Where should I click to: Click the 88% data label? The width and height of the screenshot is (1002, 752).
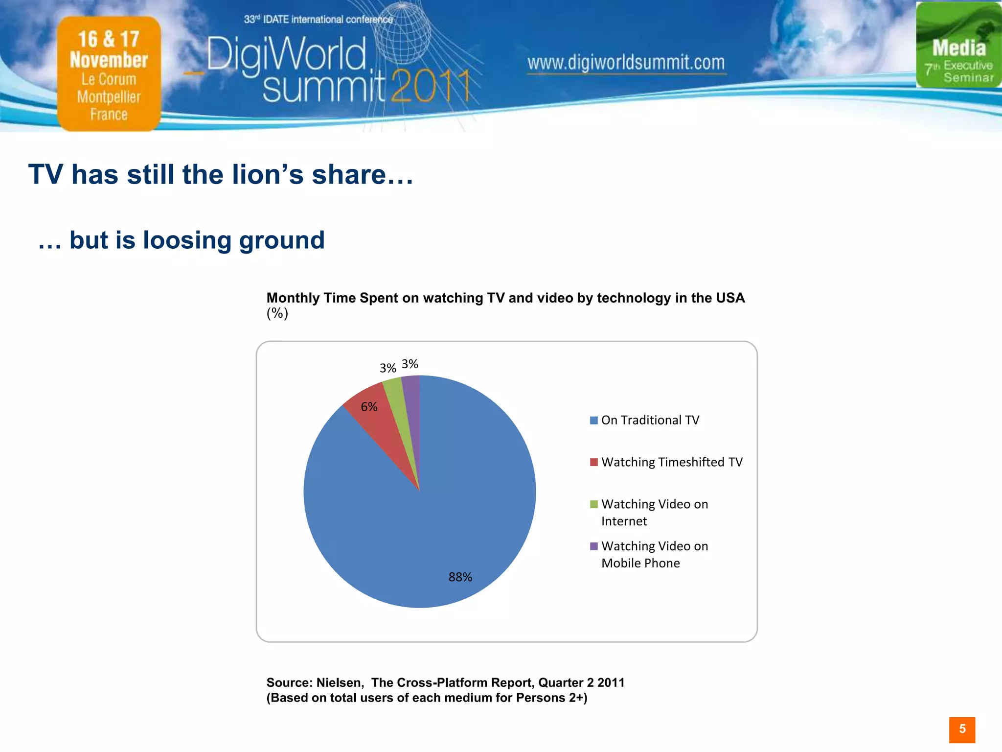[x=460, y=577]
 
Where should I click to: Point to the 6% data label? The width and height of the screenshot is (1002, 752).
[x=369, y=407]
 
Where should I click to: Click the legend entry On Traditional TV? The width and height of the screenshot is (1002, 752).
[x=650, y=420]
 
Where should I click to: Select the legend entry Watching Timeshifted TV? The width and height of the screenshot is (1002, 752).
[x=671, y=462]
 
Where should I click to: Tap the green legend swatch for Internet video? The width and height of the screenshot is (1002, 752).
[x=594, y=504]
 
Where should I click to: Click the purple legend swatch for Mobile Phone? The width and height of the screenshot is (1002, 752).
[x=594, y=546]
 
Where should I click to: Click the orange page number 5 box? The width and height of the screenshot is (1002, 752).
[x=962, y=729]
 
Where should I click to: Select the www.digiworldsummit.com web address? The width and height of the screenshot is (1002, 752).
[x=626, y=63]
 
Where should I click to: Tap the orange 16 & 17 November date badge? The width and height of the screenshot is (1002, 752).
[x=109, y=73]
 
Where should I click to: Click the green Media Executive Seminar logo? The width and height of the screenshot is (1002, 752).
[x=958, y=45]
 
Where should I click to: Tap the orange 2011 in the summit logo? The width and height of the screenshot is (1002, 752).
[x=430, y=87]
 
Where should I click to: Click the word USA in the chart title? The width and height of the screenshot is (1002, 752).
[x=729, y=298]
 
